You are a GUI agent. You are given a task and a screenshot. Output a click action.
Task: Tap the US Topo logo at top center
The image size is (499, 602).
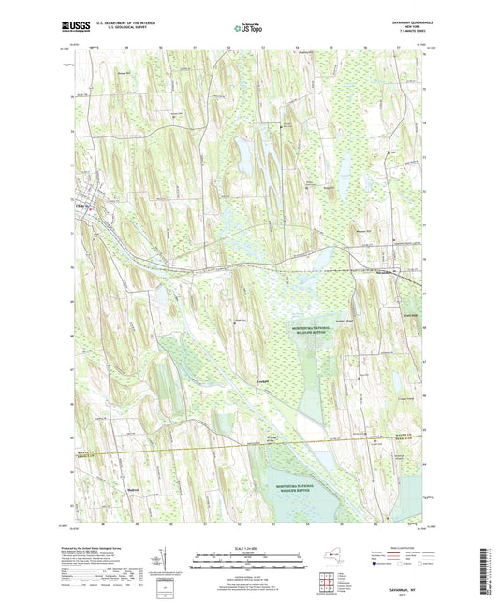click(x=248, y=30)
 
